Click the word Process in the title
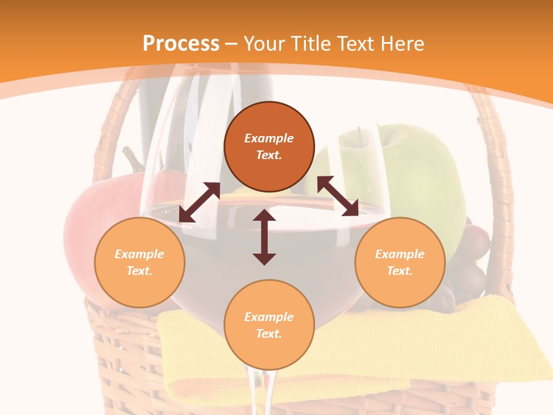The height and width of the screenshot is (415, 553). [x=181, y=44]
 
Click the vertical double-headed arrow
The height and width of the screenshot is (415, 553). [x=264, y=237]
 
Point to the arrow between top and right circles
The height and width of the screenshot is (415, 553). [x=338, y=196]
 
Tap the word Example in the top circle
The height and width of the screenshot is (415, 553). [x=269, y=138]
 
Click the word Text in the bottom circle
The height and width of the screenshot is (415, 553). [x=269, y=334]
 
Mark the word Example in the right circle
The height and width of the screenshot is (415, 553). [x=400, y=254]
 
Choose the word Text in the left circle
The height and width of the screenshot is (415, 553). [x=139, y=271]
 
